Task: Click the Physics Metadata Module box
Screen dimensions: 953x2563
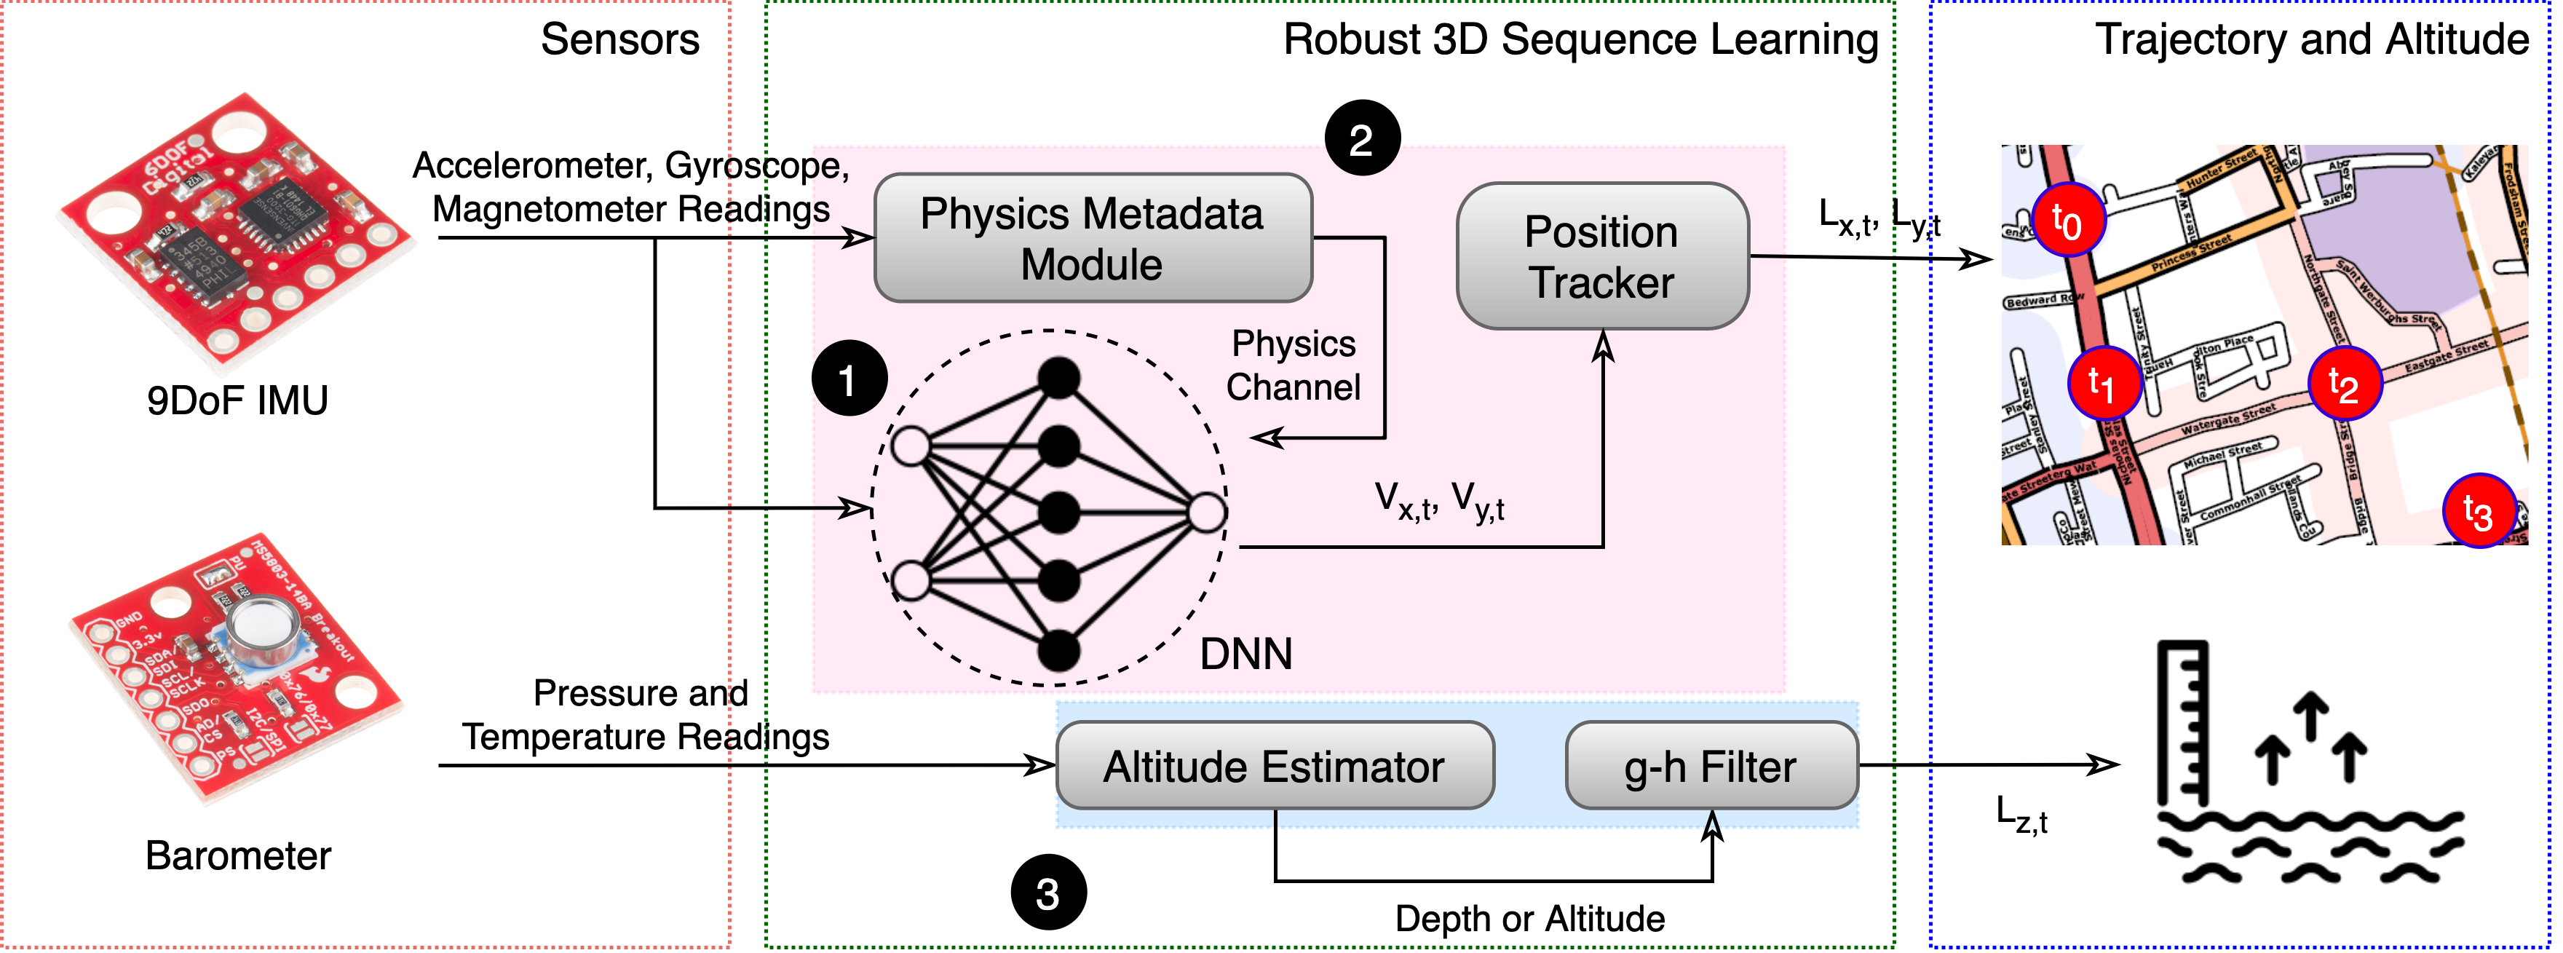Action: (x=1093, y=238)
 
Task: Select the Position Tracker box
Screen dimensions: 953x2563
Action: (x=1602, y=256)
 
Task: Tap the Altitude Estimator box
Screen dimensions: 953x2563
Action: (x=1275, y=765)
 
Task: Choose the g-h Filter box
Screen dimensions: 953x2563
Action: (x=1711, y=765)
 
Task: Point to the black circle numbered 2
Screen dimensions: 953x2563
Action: (x=1362, y=138)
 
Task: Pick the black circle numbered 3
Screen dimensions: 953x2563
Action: (x=1047, y=893)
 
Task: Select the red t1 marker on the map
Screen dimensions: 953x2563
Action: (x=2104, y=382)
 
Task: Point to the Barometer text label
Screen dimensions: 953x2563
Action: (x=238, y=855)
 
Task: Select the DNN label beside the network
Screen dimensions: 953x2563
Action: (x=1245, y=655)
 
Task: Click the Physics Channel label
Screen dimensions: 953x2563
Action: (x=1293, y=365)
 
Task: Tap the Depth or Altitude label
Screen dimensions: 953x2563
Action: (x=1529, y=918)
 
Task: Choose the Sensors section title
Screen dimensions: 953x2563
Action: (x=620, y=40)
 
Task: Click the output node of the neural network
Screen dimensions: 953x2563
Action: (x=1207, y=513)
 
